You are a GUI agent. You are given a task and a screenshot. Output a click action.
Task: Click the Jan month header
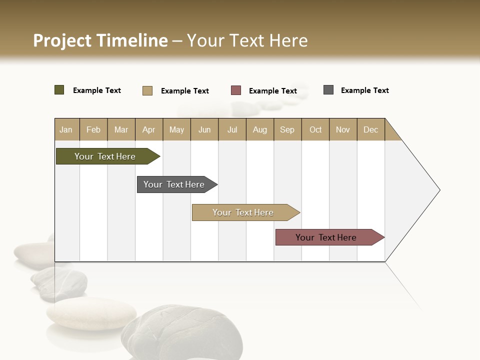(x=66, y=129)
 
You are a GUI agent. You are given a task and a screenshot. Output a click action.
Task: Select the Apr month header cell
(x=149, y=129)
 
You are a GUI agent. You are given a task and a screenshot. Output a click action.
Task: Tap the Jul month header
(x=232, y=129)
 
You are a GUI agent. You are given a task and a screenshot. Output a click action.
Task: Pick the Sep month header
(x=287, y=129)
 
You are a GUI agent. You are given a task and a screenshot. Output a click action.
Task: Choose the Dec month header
(x=371, y=129)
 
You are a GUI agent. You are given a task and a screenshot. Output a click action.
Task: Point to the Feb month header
(x=93, y=129)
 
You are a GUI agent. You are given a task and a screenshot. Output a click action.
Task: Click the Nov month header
(x=343, y=129)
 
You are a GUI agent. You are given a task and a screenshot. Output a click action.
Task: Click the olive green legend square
(x=59, y=90)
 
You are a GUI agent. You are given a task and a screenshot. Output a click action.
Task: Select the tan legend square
(x=147, y=90)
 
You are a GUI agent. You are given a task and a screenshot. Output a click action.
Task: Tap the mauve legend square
(x=236, y=90)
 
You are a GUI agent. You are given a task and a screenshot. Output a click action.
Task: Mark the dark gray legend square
(x=328, y=90)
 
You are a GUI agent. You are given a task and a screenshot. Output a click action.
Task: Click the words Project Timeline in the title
(x=100, y=40)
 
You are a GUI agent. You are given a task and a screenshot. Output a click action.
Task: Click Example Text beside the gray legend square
(x=364, y=90)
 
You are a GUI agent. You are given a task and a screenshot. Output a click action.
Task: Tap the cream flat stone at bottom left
(x=91, y=313)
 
